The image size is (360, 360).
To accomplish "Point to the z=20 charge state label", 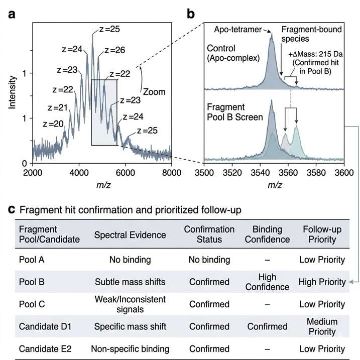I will pos(53,124).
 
